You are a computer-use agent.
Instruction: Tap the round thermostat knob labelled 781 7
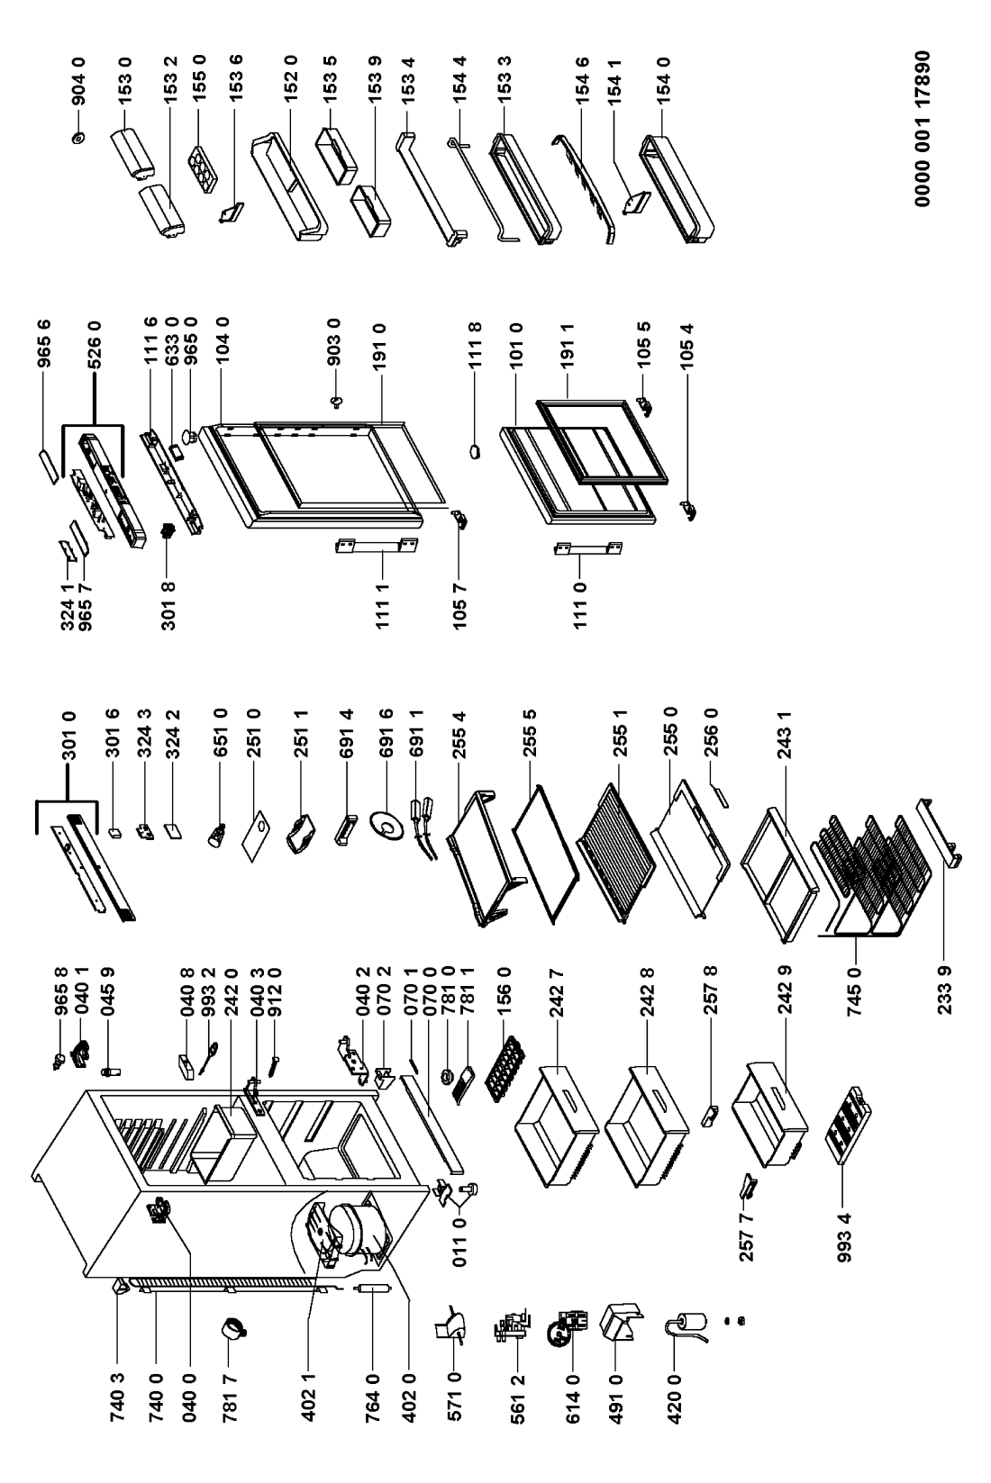click(x=236, y=1328)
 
